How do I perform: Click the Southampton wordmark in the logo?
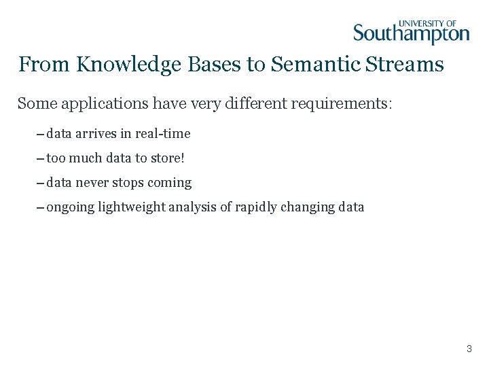pos(411,34)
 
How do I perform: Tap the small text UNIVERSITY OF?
pos(427,22)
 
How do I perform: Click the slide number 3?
pos(469,349)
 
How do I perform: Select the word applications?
pos(99,104)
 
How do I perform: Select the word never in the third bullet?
pos(92,183)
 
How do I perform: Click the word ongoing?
pos(70,207)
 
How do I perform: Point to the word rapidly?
pos(256,207)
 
